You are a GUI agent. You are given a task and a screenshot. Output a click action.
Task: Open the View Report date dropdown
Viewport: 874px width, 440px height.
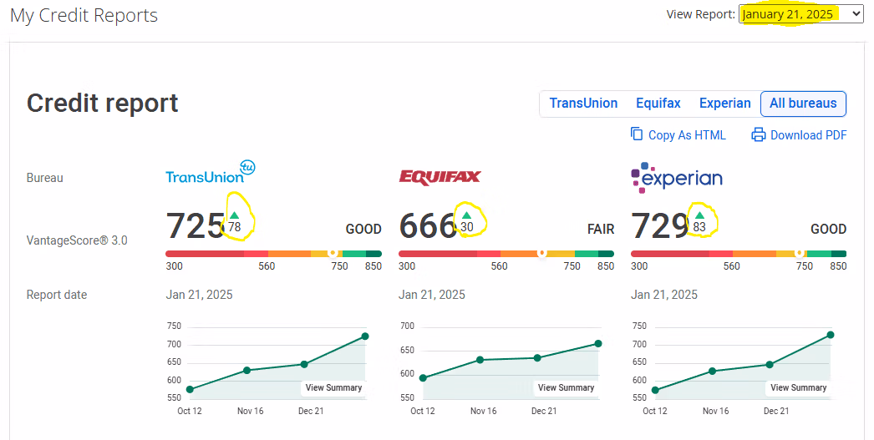tap(800, 14)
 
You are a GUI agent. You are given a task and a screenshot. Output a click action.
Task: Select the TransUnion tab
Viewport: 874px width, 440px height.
tap(583, 104)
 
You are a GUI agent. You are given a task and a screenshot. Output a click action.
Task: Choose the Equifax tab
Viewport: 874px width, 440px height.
tap(658, 104)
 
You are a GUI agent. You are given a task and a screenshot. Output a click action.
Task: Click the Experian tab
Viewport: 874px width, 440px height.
tap(724, 104)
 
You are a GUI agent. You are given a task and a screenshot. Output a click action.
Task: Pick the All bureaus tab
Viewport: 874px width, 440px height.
tap(803, 104)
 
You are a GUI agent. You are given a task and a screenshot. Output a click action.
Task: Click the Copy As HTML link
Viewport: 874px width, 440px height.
tap(678, 134)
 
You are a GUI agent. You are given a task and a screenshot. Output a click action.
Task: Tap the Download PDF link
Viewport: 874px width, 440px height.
tap(799, 134)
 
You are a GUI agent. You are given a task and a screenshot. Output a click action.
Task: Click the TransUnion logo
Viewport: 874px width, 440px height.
tap(210, 173)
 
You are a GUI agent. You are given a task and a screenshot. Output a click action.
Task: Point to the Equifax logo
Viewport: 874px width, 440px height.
tap(440, 177)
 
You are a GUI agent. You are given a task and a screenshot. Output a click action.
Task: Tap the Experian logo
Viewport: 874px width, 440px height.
tap(677, 176)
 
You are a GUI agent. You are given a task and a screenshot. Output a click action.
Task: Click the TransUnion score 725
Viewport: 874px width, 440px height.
tap(195, 226)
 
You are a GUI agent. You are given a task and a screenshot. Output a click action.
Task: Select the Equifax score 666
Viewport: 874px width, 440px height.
tap(427, 226)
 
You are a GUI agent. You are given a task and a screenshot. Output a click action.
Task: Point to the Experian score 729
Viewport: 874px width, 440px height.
tap(659, 226)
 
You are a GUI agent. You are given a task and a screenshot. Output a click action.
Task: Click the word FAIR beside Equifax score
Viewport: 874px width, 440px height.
tap(601, 229)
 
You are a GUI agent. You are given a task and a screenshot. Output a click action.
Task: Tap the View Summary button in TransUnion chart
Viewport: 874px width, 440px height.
tap(333, 387)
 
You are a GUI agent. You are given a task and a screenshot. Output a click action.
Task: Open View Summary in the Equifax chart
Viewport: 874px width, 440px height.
tap(566, 387)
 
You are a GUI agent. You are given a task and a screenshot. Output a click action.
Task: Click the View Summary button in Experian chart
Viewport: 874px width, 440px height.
tap(798, 387)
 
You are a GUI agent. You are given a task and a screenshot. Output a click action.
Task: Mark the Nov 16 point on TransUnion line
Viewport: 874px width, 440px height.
tap(247, 370)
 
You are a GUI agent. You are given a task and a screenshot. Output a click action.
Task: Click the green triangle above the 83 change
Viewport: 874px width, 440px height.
tap(699, 215)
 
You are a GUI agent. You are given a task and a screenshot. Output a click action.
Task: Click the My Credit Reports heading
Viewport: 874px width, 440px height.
tap(84, 15)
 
